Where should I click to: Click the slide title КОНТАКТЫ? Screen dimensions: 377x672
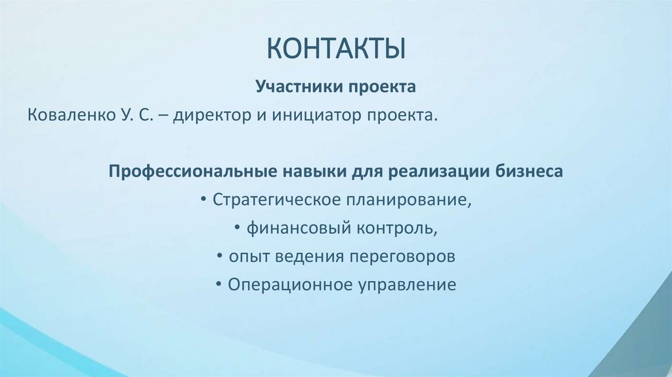tap(335, 51)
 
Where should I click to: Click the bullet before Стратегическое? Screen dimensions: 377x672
tap(207, 200)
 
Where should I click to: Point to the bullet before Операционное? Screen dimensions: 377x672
tap(219, 286)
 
